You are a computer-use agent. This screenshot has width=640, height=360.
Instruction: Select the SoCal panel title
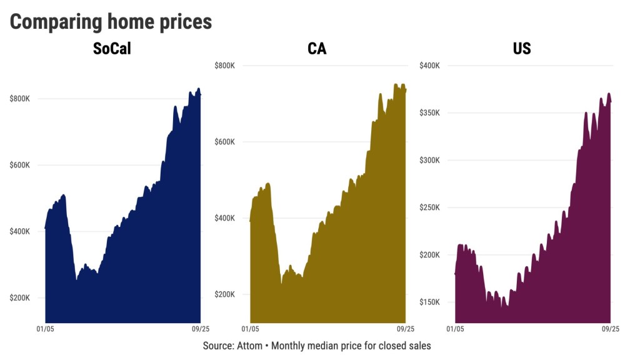tap(112, 49)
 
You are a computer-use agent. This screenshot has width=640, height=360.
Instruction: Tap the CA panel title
tap(317, 49)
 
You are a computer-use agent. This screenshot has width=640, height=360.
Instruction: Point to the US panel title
tap(522, 49)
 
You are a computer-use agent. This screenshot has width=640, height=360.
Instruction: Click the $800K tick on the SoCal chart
tap(20, 99)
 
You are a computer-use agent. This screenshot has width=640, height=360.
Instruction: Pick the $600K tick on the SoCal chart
tap(20, 165)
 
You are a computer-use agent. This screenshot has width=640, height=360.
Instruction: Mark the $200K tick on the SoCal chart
tap(20, 297)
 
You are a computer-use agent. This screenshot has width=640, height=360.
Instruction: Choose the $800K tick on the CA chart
tap(224, 66)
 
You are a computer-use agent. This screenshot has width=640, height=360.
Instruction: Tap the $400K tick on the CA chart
tap(224, 218)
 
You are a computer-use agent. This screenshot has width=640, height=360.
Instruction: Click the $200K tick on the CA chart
tap(224, 294)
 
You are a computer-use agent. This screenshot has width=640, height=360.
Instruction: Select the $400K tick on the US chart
tap(429, 66)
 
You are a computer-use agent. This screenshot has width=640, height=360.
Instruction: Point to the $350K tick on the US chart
tap(429, 113)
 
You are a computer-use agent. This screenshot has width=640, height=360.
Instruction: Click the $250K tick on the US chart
tap(429, 207)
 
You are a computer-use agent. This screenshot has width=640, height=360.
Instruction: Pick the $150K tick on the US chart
tap(429, 302)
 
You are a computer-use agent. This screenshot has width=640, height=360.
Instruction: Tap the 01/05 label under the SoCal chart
tap(45, 329)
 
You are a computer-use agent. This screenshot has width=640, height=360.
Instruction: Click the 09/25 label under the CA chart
tap(405, 329)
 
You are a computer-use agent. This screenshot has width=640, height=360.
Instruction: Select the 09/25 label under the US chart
tap(610, 329)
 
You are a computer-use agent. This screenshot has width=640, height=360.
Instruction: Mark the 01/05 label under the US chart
tap(455, 329)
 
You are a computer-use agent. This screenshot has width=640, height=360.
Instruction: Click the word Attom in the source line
tap(250, 346)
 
